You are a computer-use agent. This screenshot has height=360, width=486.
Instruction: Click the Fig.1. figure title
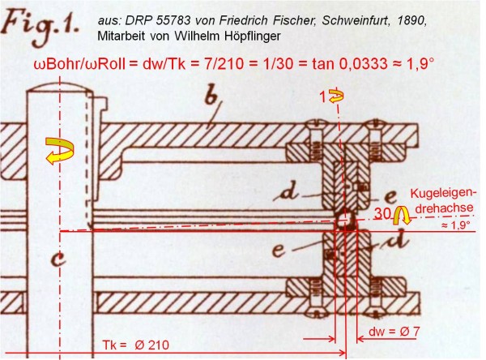(40, 28)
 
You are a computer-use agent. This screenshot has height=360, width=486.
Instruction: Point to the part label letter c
(58, 259)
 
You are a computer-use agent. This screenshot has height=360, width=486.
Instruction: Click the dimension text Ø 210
(151, 345)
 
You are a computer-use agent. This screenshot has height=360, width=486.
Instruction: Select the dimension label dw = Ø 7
(394, 332)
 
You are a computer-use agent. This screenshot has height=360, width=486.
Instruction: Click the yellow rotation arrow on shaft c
(60, 150)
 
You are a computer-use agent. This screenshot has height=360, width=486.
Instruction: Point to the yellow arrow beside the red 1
(336, 96)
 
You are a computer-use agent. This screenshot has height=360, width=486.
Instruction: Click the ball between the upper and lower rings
(346, 220)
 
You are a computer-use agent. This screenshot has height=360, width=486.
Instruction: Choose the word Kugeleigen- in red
(443, 193)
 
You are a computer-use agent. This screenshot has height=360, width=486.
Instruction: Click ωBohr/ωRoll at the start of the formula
(79, 64)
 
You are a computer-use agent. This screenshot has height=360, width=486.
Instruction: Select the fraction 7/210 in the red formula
(224, 64)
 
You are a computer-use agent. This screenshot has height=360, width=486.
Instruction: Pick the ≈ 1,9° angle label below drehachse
(455, 225)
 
